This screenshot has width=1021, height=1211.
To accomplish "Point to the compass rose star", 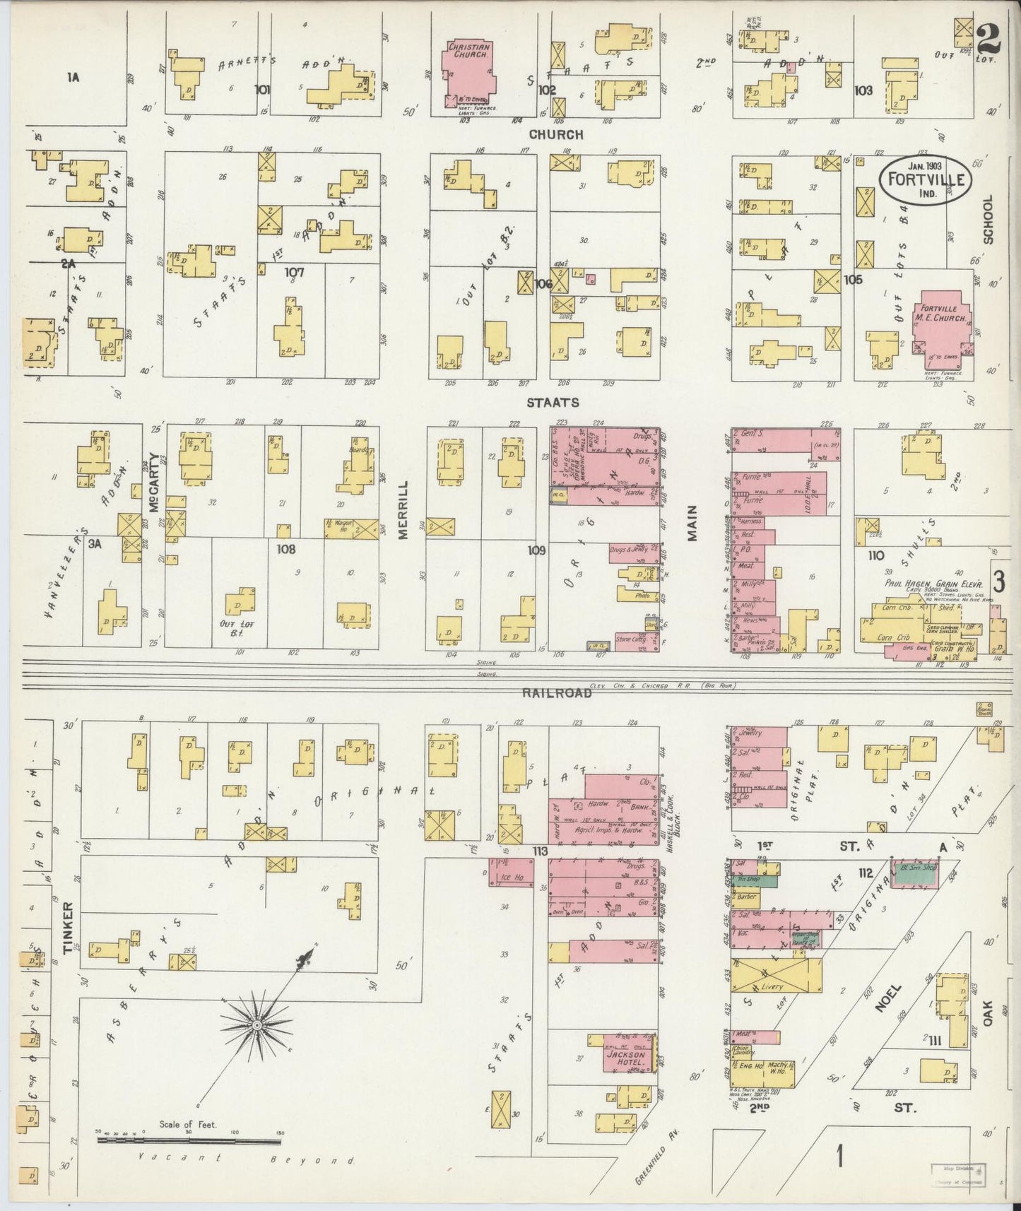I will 257,1024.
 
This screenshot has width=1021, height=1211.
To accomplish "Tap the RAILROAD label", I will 557,693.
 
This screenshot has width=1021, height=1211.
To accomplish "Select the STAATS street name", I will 553,403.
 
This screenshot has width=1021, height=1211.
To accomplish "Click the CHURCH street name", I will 556,134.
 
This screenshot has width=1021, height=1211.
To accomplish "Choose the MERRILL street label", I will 403,510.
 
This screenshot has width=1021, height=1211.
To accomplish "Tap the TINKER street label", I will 69,928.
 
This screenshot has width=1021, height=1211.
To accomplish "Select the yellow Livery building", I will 776,976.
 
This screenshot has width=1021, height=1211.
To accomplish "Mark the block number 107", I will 294,272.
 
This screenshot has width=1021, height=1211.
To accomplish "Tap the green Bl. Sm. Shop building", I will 915,874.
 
